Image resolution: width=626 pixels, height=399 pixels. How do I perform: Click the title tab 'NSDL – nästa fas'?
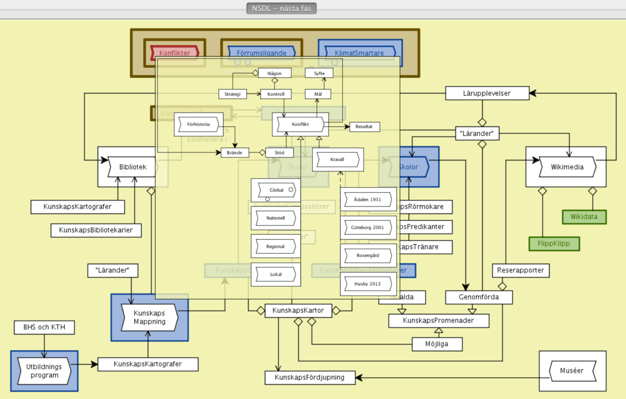[x=281, y=8]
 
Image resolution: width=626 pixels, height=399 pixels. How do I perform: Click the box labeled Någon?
[x=274, y=73]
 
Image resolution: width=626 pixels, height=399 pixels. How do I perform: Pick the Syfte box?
[x=319, y=73]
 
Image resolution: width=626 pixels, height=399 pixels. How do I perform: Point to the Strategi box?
[x=232, y=94]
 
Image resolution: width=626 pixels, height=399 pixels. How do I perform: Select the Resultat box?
[x=364, y=127]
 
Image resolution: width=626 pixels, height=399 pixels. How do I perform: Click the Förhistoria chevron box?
[x=198, y=124]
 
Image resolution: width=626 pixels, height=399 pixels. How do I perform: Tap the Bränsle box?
[x=234, y=153]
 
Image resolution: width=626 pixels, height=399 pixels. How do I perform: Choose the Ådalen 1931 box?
[x=368, y=199]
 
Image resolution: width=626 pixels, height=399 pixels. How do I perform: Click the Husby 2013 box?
[x=368, y=284]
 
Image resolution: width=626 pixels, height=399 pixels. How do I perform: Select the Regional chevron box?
[x=275, y=246]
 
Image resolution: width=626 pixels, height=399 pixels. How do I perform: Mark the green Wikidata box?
[x=584, y=217]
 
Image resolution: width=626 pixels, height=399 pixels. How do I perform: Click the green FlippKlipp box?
[x=554, y=244]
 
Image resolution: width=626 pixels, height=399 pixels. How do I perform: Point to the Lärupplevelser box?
[x=487, y=93]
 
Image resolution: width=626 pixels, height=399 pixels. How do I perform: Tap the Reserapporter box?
[x=520, y=270]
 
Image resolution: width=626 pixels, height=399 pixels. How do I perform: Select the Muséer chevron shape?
[x=572, y=371]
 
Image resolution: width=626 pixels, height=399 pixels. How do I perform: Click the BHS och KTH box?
[x=44, y=327]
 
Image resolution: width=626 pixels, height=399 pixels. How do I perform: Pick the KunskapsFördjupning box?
[x=310, y=378]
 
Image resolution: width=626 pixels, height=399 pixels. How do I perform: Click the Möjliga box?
[x=437, y=344]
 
